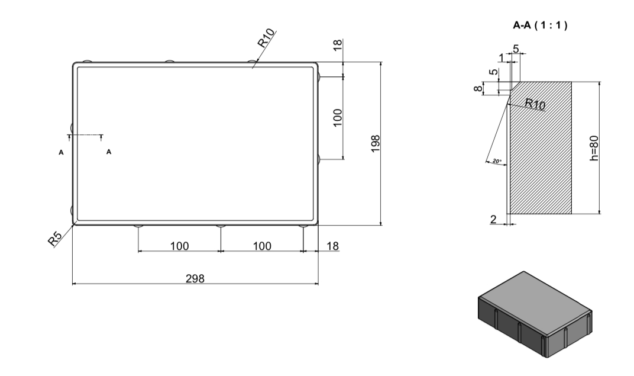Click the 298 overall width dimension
[x=195, y=278]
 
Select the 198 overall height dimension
[x=376, y=144]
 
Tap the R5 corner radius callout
[x=55, y=239]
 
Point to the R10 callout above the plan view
[x=266, y=38]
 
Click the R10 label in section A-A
[x=535, y=104]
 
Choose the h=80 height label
[x=594, y=148]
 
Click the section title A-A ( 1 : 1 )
[x=540, y=25]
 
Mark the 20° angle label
[x=497, y=161]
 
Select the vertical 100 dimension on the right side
[x=338, y=117]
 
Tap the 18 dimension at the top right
[x=338, y=44]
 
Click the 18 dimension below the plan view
[x=332, y=246]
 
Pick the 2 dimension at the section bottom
[x=493, y=219]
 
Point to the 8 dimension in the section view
[x=478, y=88]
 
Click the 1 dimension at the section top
[x=502, y=58]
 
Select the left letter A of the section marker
[x=61, y=153]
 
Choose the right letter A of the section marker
[x=109, y=152]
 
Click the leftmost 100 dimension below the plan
[x=180, y=246]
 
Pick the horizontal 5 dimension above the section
[x=516, y=49]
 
